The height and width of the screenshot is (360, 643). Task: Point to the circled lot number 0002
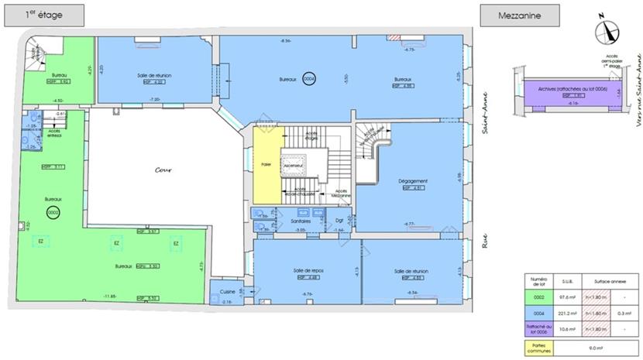[x=53, y=211]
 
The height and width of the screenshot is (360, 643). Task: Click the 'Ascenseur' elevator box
[x=292, y=166]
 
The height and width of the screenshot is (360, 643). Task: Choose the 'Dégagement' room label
[x=411, y=180]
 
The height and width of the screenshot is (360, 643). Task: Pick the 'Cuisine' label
[x=227, y=291]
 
